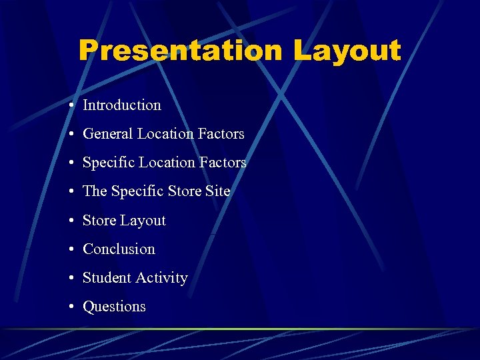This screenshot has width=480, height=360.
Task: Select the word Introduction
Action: [122, 105]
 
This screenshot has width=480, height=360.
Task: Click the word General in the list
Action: [108, 134]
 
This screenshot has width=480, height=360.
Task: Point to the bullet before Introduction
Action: [70, 106]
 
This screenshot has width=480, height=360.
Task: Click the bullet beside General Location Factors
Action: [70, 135]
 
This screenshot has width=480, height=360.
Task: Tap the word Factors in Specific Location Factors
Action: [223, 163]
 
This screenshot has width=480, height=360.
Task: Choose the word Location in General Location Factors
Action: [166, 134]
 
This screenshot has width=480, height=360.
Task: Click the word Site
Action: [218, 191]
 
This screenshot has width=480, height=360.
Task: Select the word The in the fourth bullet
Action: [95, 191]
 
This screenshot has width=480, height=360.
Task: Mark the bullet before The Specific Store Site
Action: [70, 192]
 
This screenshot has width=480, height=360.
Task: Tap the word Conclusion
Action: [119, 249]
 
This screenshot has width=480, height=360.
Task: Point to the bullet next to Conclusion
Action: [70, 250]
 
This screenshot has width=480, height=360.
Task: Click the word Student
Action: [107, 278]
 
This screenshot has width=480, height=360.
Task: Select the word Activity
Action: [163, 278]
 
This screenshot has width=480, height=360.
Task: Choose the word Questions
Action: [114, 307]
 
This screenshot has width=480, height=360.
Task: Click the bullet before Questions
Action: [70, 307]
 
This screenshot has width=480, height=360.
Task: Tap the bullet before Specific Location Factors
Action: [70, 163]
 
